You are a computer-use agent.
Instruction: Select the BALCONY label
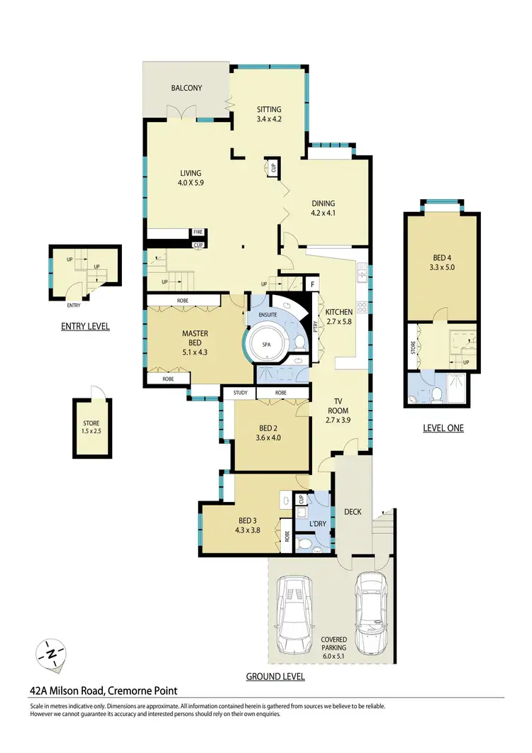click(187, 88)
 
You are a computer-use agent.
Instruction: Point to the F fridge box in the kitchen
click(312, 284)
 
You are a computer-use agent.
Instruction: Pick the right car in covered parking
click(371, 611)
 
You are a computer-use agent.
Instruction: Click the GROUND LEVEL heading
click(275, 676)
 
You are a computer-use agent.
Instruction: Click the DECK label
click(353, 511)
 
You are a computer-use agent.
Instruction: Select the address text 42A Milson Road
click(104, 690)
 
